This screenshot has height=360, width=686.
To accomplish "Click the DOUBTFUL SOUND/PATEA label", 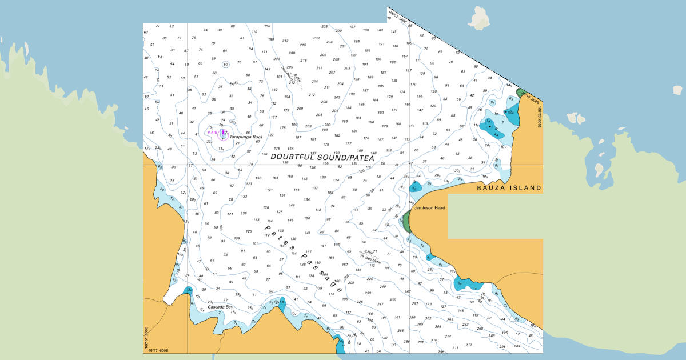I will click(322, 157).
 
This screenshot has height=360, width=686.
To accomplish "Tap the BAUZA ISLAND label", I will click(509, 188).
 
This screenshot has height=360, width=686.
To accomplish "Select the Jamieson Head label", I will click(430, 208).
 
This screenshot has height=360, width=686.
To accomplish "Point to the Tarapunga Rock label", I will click(246, 137).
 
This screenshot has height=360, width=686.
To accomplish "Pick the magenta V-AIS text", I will click(212, 132).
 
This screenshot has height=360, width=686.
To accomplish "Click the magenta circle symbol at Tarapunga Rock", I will click(224, 133).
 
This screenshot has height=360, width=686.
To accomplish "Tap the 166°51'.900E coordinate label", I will click(147, 337).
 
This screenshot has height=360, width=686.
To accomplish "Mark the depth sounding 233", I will click(368, 293).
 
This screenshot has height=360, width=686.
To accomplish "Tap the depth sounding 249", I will click(382, 286).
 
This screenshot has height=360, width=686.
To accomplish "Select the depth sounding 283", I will click(465, 324).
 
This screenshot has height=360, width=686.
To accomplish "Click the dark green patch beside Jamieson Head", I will click(406, 221).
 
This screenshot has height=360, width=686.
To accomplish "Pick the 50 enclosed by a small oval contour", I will click(226, 64).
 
